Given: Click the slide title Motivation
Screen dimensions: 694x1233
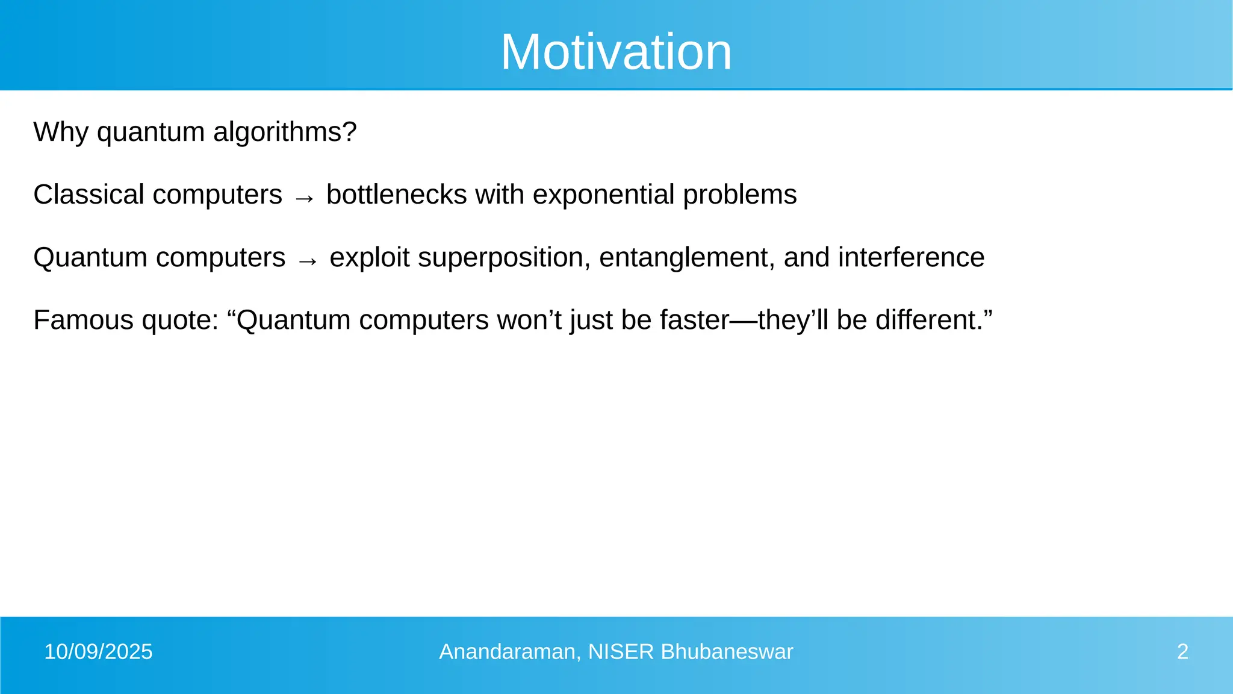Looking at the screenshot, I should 616,52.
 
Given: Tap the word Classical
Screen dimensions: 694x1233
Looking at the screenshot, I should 89,195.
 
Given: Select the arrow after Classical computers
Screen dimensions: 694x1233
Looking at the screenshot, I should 304,198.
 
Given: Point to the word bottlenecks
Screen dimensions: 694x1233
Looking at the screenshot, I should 396,195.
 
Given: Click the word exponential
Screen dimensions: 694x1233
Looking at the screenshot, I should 603,195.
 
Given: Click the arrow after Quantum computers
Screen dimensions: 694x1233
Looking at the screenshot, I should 308,261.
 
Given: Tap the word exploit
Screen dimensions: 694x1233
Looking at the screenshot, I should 369,258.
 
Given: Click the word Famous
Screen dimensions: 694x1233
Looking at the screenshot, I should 83,320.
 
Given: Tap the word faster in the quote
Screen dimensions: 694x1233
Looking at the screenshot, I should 694,320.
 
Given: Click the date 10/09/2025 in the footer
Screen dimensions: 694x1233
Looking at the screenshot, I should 98,652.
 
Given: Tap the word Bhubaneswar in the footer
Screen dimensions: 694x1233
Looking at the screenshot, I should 727,652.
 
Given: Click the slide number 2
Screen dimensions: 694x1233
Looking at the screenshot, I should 1182,652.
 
